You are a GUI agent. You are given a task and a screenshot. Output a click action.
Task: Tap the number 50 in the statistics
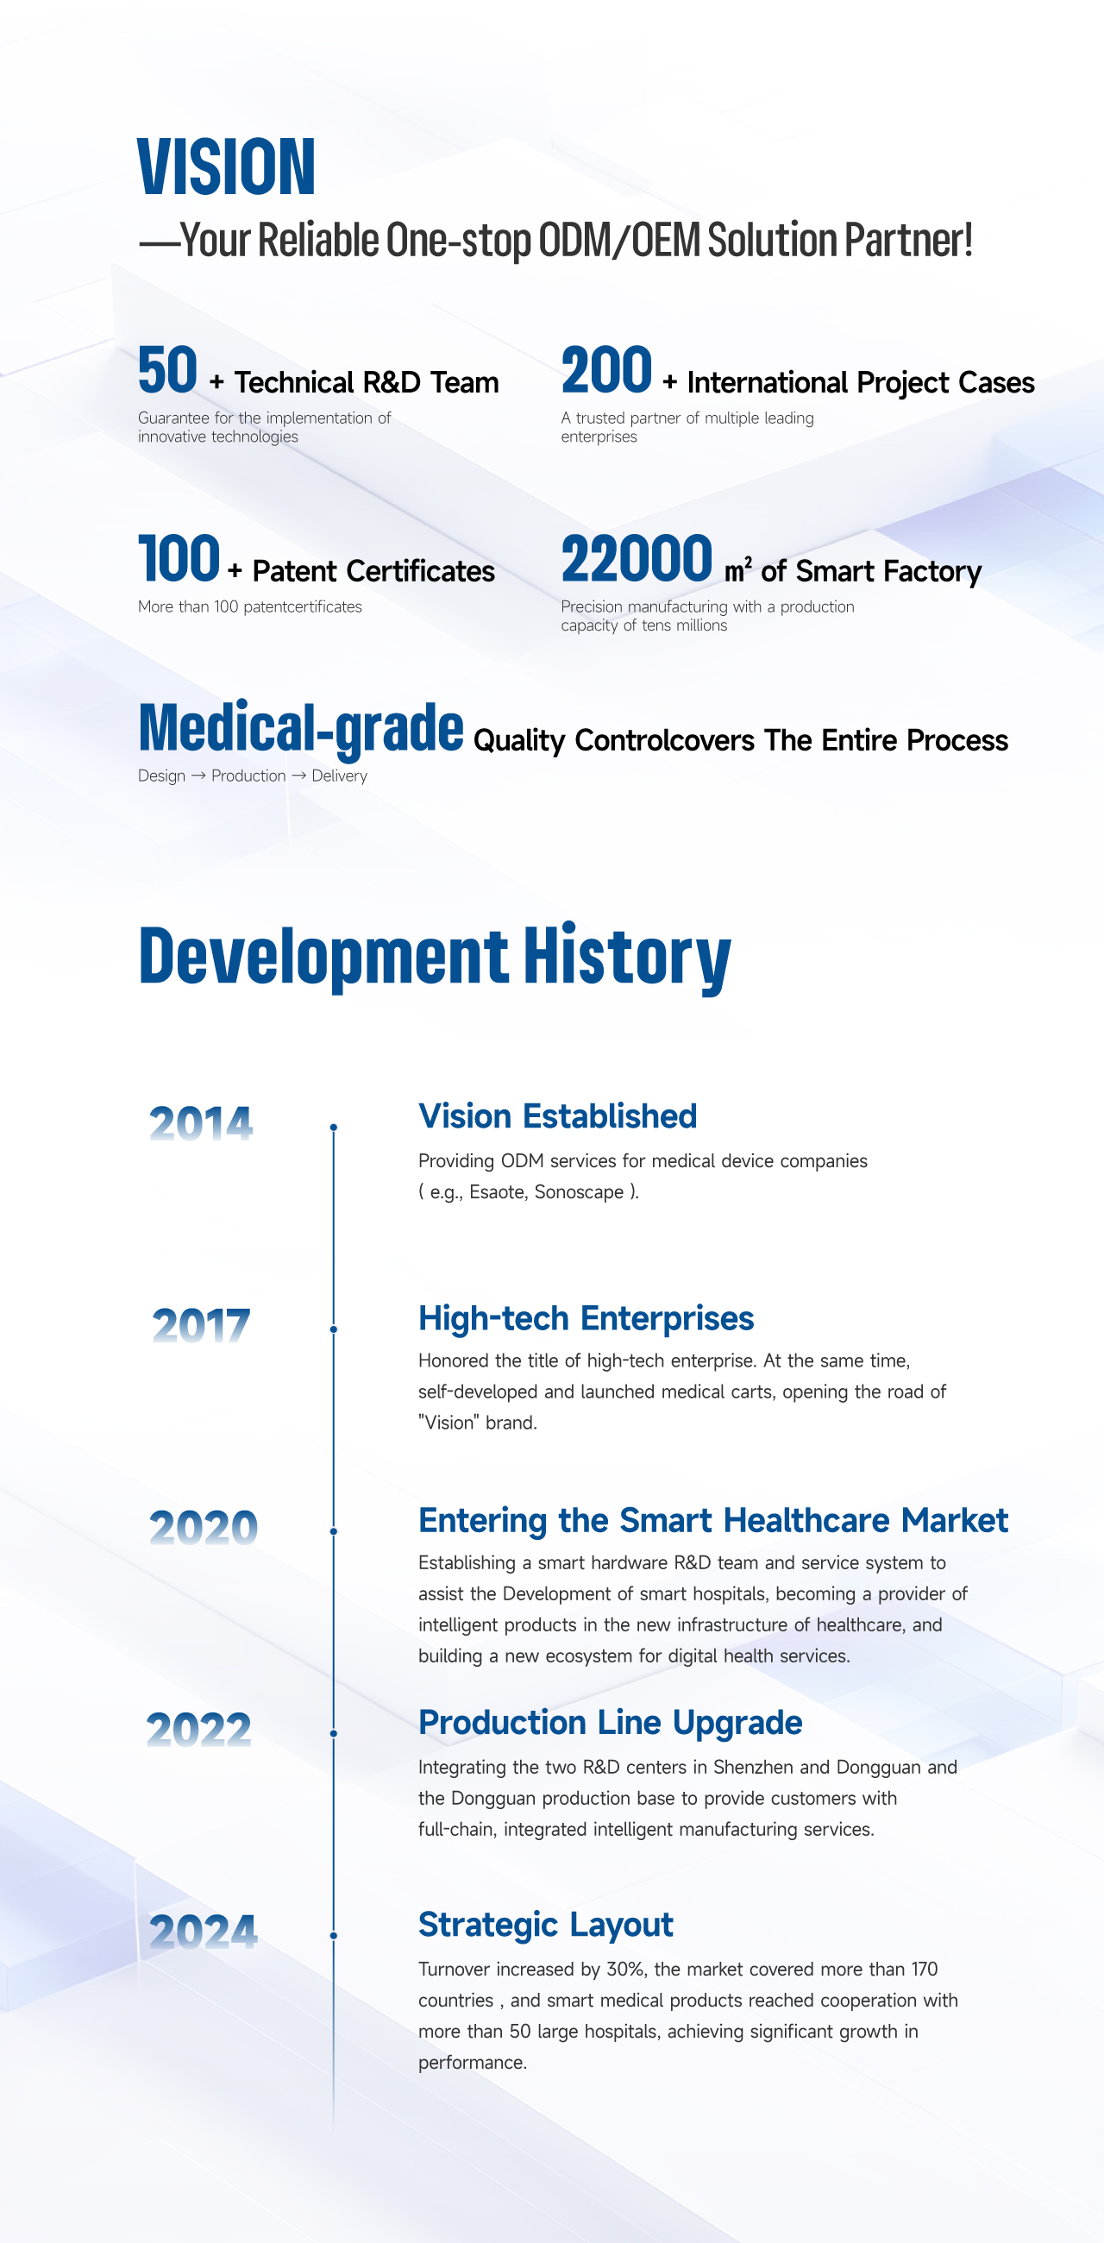168,371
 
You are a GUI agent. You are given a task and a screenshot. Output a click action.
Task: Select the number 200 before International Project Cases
606,371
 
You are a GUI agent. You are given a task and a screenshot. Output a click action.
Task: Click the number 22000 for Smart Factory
637,559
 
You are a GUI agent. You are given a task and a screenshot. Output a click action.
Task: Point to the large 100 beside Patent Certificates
179,559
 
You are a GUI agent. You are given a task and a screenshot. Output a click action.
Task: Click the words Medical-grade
300,728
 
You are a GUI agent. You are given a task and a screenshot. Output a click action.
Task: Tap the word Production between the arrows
248,776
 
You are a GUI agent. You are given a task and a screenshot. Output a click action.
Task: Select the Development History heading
435,956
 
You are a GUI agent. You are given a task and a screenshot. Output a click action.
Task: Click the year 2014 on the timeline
201,1123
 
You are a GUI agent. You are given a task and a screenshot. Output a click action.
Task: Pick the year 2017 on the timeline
201,1325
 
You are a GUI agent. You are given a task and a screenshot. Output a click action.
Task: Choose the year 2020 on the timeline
203,1527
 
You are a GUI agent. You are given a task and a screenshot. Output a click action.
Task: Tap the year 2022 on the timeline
199,1730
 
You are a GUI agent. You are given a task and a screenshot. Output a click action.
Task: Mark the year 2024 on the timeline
203,1932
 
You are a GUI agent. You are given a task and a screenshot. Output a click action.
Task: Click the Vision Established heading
557,1116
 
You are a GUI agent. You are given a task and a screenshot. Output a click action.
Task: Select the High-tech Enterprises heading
586,1318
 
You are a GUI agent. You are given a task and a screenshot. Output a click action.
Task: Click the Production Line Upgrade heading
610,1722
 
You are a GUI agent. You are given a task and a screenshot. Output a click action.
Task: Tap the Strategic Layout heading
545,1925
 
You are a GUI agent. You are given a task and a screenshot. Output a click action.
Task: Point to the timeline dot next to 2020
334,1530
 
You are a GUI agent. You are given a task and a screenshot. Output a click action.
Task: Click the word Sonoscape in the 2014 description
579,1192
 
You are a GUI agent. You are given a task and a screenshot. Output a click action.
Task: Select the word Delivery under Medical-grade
340,776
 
